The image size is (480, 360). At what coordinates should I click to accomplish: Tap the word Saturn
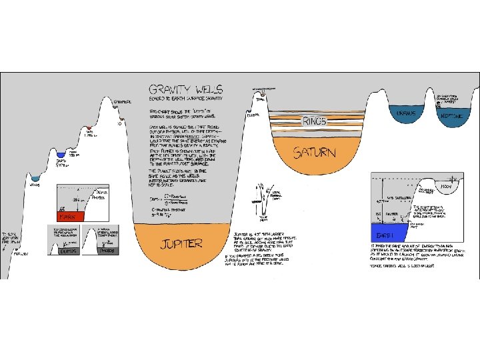point(315,153)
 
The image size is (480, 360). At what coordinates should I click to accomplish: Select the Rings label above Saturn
point(315,121)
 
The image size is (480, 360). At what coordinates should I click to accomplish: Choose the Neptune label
point(446,115)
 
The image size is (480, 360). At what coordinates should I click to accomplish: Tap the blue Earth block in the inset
point(385,234)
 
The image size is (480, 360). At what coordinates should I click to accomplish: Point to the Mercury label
point(21,253)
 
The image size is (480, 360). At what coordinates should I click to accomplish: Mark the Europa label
point(253,115)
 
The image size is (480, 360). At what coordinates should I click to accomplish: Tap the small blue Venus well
point(36,179)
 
